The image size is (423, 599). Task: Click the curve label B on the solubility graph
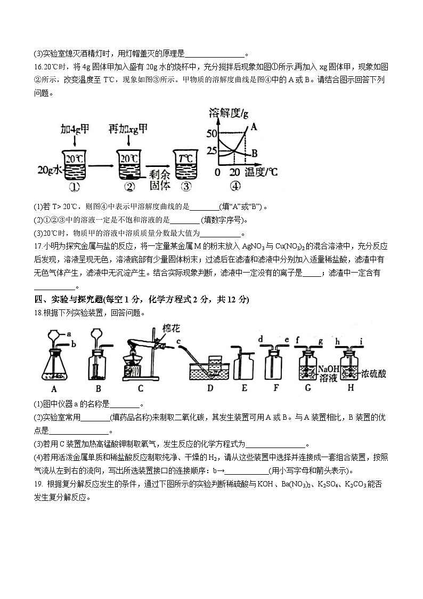click(255, 153)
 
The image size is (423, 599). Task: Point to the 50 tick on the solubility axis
click(211, 133)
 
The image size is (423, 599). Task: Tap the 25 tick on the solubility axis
click(211, 151)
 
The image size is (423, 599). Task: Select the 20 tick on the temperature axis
click(235, 172)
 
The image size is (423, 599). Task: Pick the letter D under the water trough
click(210, 388)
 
